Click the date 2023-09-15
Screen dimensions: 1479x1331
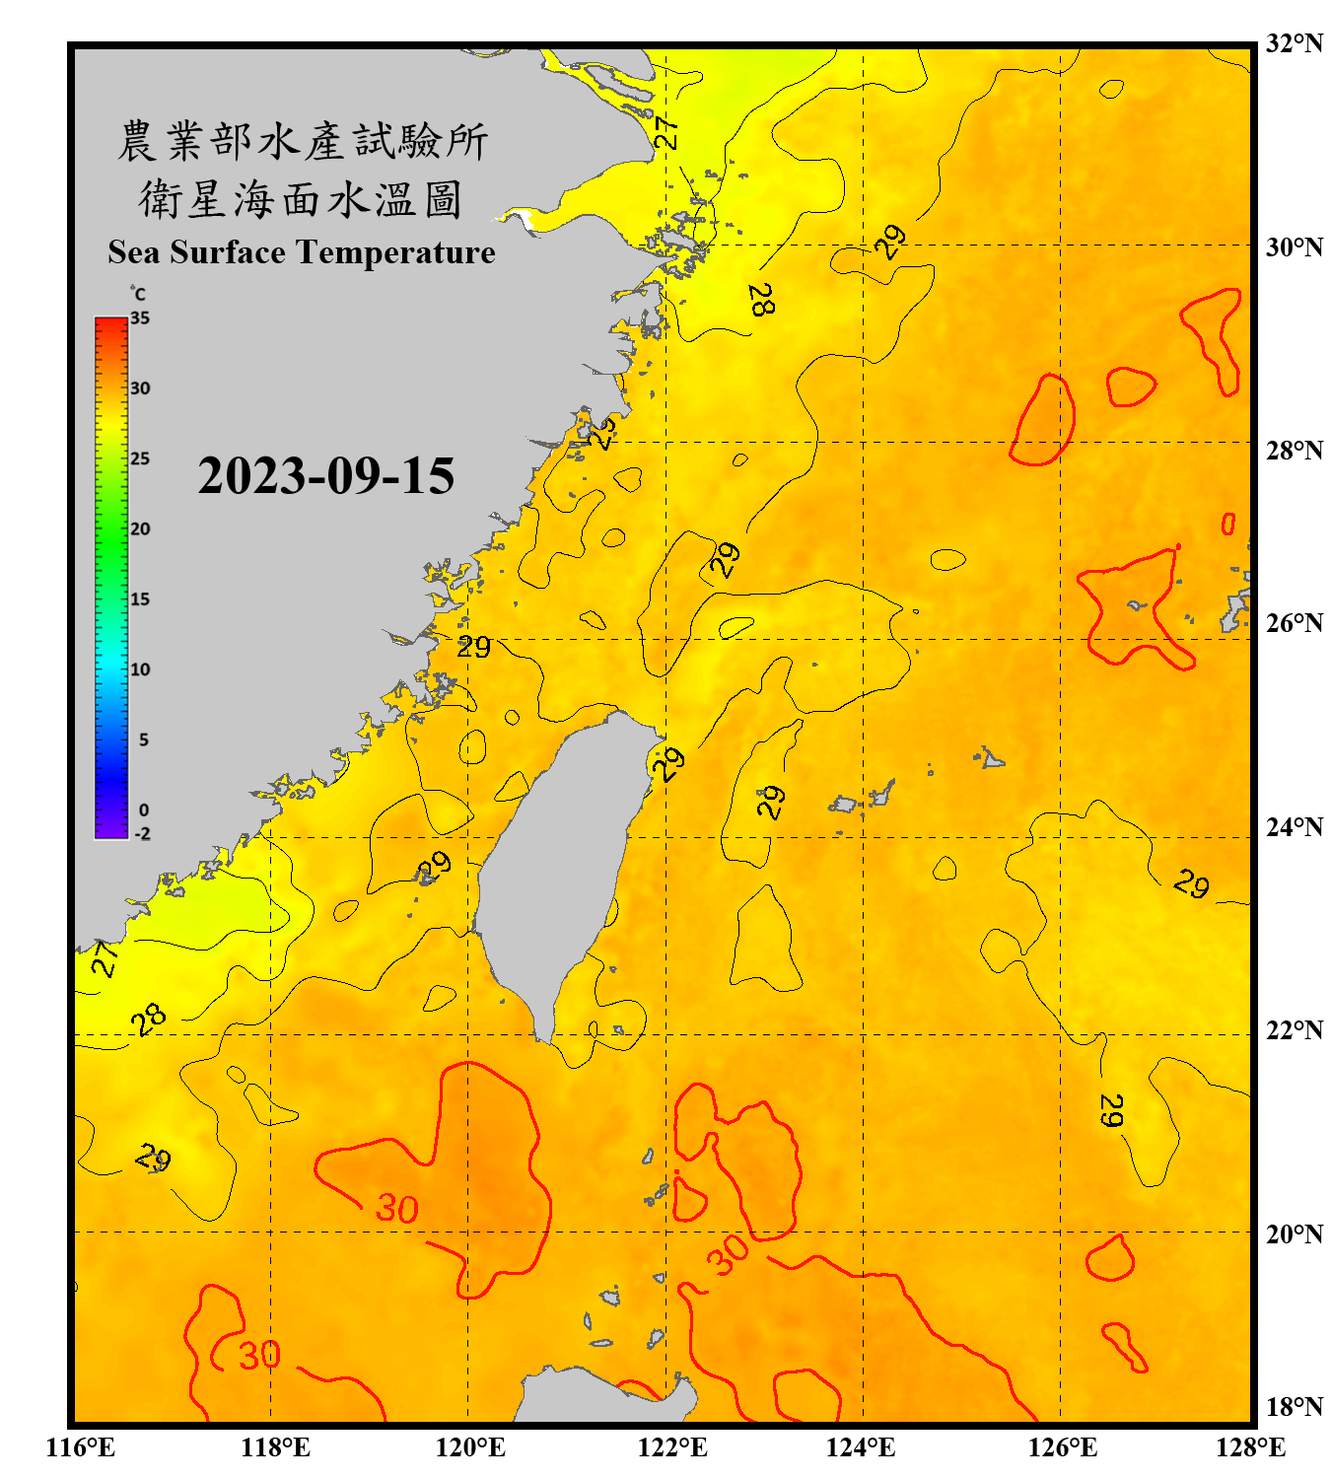point(325,476)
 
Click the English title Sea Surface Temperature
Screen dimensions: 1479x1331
point(301,252)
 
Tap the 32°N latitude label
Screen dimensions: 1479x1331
point(1294,43)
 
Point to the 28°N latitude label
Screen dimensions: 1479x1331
point(1294,451)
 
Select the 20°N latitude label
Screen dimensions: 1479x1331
point(1294,1233)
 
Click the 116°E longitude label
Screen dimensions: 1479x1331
point(80,1447)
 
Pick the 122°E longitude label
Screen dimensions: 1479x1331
point(672,1447)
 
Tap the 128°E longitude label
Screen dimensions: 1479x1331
point(1250,1447)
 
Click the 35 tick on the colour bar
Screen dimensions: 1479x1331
point(140,318)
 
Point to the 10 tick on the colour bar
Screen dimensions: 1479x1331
point(140,669)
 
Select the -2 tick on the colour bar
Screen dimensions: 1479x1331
point(142,833)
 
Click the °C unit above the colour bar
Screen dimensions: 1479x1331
point(138,294)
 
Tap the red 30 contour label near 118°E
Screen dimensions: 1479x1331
point(259,1356)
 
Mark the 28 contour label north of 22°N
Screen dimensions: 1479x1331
point(149,1020)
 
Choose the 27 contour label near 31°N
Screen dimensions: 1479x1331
point(667,132)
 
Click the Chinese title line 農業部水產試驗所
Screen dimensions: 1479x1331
point(302,141)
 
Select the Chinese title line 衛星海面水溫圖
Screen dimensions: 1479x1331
point(301,199)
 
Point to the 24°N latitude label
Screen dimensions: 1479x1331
point(1294,826)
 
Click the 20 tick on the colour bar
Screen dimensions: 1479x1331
point(140,528)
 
